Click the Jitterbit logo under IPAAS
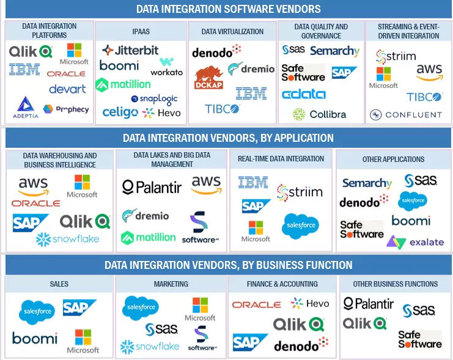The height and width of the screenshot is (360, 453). coord(130,50)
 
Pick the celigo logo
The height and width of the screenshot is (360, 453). coord(120,112)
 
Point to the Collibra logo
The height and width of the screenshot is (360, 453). coord(319,114)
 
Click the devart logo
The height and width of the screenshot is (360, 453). coord(67,89)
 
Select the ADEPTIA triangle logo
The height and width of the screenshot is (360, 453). coord(26,108)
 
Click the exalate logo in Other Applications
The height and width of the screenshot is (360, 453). coord(415,242)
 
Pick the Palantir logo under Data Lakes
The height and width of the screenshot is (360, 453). coord(152,187)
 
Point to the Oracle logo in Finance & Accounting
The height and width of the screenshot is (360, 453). coord(256,304)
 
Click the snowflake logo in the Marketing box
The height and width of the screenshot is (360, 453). coord(150,346)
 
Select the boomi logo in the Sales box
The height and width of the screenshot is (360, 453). coord(35,339)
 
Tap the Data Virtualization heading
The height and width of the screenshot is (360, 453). coord(232,32)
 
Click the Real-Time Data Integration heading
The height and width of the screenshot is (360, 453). coord(281,159)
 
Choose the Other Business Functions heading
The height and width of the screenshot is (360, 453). coord(396,284)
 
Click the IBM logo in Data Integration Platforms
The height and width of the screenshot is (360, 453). coord(24,70)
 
